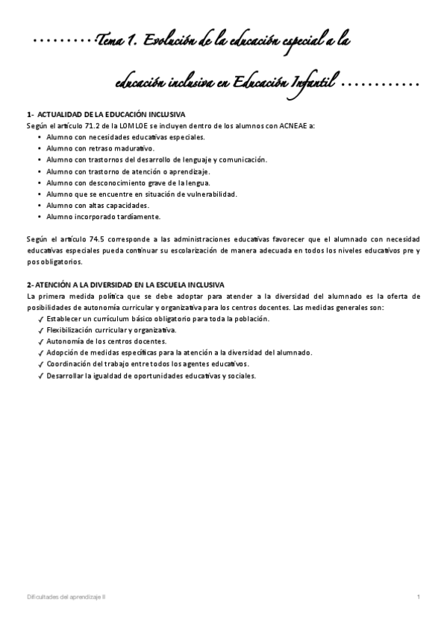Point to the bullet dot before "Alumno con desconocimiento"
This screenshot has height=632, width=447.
coord(39,183)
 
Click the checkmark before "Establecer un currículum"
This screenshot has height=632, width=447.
coord(40,319)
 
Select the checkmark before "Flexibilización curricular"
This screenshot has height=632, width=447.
coord(40,330)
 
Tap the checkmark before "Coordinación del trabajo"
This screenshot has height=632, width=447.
coord(40,364)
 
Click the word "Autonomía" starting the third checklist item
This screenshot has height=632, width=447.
coord(63,341)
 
